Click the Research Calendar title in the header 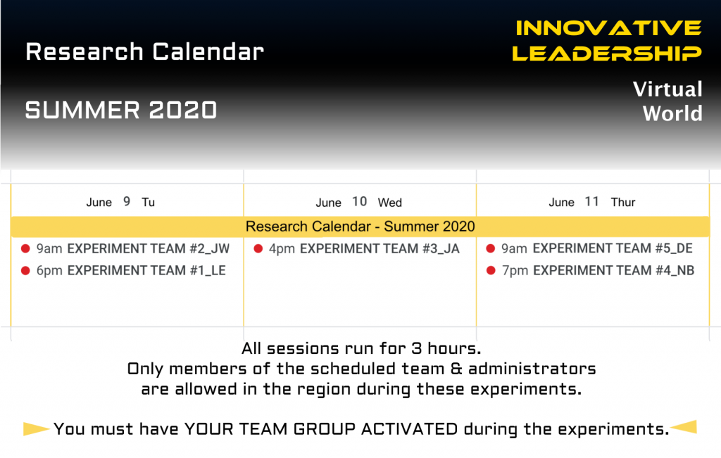(x=144, y=51)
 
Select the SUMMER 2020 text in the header (x=121, y=110)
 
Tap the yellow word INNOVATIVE (x=608, y=28)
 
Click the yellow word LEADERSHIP (x=607, y=53)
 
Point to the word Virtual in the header (x=667, y=89)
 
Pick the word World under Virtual (x=672, y=113)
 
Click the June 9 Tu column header (x=120, y=202)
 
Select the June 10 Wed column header (x=358, y=202)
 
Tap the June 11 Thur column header (x=591, y=202)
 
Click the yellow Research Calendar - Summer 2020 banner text (x=360, y=227)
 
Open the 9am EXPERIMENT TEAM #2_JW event (x=133, y=248)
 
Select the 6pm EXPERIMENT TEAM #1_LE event (x=131, y=271)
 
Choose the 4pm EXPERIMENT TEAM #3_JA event (x=364, y=248)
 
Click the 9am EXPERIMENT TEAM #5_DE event (x=597, y=248)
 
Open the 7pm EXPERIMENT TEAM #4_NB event (x=598, y=271)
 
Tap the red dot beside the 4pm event (x=258, y=248)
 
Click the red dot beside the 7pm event (x=491, y=271)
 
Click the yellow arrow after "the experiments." (x=683, y=427)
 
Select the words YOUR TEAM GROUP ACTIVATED (x=321, y=429)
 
